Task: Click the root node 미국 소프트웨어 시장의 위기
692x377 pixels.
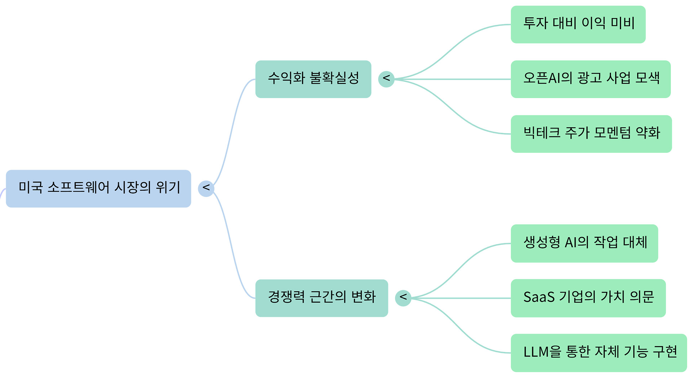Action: coord(98,188)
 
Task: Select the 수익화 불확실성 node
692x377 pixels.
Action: coord(313,79)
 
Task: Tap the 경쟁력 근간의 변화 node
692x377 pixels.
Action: coord(321,298)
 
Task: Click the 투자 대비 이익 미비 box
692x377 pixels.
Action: coord(578,24)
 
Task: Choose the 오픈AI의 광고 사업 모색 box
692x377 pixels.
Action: coord(590,79)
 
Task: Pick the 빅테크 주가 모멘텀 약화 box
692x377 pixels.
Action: coord(591,134)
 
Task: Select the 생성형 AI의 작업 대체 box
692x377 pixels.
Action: coord(584,243)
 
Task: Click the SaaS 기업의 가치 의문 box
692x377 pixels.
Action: coord(588,298)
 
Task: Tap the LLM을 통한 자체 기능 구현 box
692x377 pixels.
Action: coord(599,353)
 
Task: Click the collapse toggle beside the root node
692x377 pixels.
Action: coord(206,188)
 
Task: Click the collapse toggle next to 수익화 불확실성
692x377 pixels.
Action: coord(386,79)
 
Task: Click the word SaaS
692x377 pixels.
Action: coord(539,297)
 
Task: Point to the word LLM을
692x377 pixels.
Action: coord(542,352)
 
